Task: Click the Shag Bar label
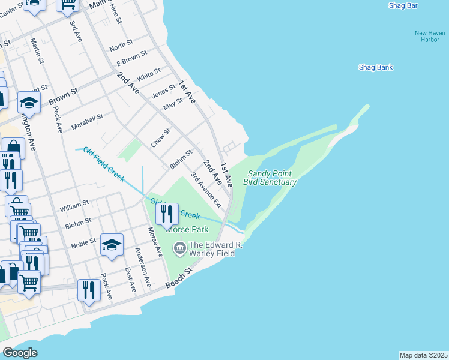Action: [403, 5]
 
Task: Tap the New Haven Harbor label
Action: [430, 37]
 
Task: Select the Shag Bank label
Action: [375, 67]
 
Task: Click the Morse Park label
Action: [187, 229]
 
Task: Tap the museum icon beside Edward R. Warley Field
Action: [179, 248]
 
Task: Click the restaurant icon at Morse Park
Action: [167, 213]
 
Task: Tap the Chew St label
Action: [160, 137]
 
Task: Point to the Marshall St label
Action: [87, 122]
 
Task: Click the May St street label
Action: [173, 104]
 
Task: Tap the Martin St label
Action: [37, 51]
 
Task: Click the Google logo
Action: [20, 353]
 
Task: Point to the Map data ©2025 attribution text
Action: [423, 355]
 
